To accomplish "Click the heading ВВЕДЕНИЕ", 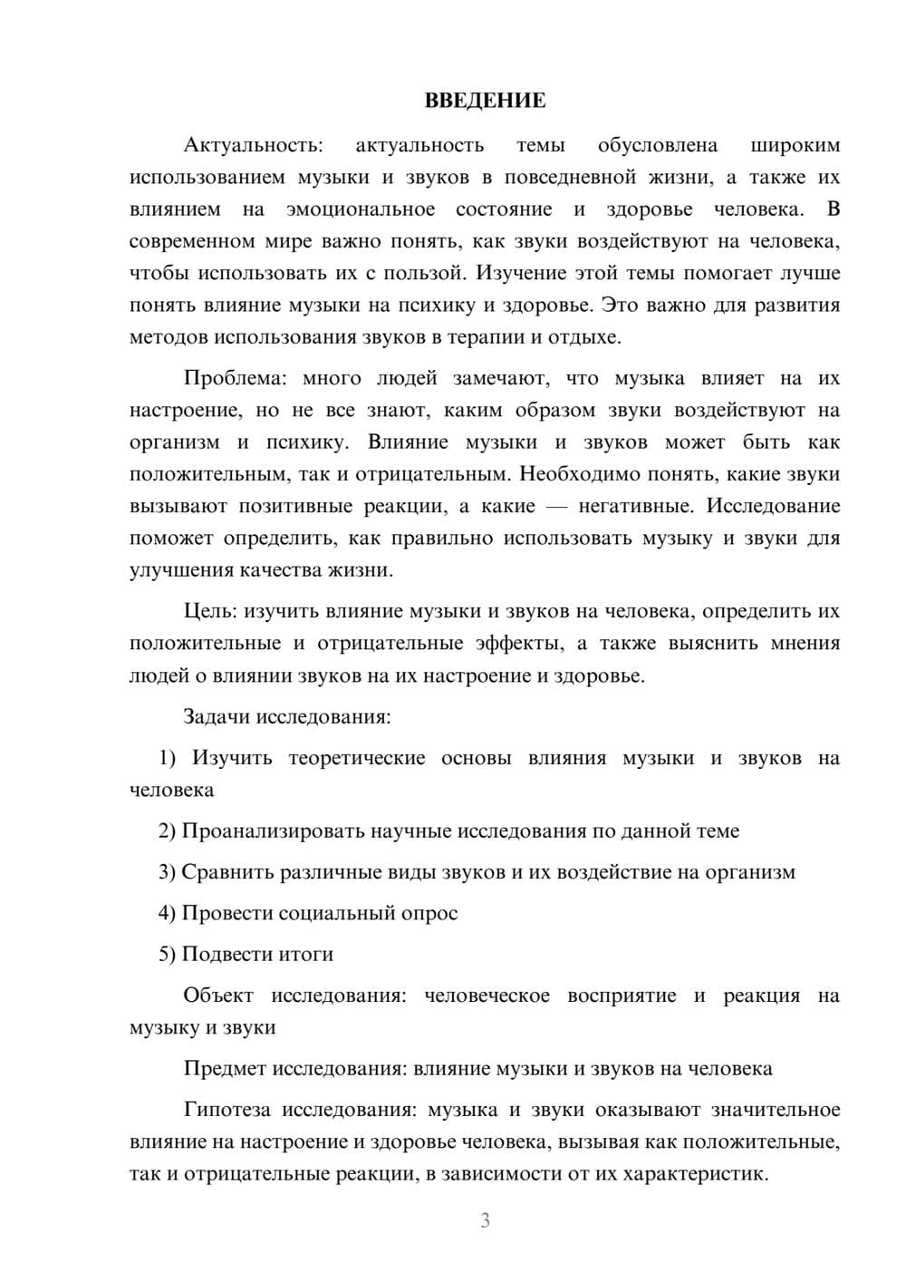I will tap(485, 101).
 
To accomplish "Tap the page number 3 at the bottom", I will tap(485, 1220).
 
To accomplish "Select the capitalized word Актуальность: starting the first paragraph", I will tap(252, 145).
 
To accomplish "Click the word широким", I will tap(795, 145).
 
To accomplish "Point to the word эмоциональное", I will tap(360, 209).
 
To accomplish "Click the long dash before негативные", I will tap(546, 506).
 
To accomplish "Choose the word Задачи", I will tap(217, 716).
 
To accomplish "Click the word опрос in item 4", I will tap(429, 913).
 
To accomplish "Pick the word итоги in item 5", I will tap(306, 954).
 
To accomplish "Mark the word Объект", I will tap(218, 995).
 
